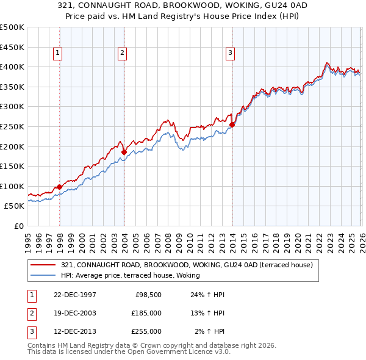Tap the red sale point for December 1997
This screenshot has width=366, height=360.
click(x=60, y=187)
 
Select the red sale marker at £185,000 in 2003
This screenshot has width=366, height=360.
click(x=124, y=152)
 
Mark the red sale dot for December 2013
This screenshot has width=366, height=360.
click(x=232, y=124)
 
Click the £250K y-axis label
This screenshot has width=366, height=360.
click(x=12, y=126)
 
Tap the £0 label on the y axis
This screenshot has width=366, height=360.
click(x=18, y=226)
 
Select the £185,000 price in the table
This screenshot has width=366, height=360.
click(x=146, y=313)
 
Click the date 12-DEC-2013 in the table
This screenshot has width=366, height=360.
click(x=75, y=331)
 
